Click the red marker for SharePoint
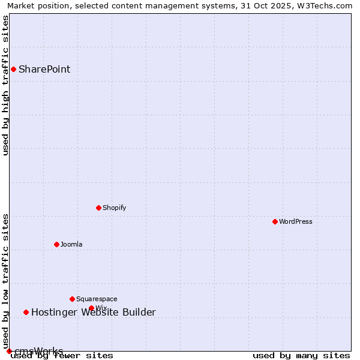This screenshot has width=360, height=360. pyautogui.click(x=13, y=69)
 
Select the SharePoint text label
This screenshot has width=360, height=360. pyautogui.click(x=44, y=69)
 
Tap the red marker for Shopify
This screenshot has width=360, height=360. pyautogui.click(x=98, y=208)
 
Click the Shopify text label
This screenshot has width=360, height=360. pyautogui.click(x=114, y=208)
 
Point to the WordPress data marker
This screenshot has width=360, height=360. pyautogui.click(x=275, y=221)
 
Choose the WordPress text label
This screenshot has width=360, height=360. pyautogui.click(x=295, y=221)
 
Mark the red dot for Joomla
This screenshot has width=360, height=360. pyautogui.click(x=56, y=244)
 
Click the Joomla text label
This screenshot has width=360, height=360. pyautogui.click(x=71, y=244)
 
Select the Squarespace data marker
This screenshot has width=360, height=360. pyautogui.click(x=72, y=299)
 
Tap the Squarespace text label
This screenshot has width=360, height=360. pyautogui.click(x=97, y=299)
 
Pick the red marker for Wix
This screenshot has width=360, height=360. pyautogui.click(x=91, y=308)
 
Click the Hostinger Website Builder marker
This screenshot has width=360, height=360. pyautogui.click(x=26, y=312)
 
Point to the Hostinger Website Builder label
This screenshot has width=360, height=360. pyautogui.click(x=93, y=312)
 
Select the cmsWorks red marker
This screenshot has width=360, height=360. pyautogui.click(x=9, y=351)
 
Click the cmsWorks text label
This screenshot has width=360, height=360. pyautogui.click(x=38, y=351)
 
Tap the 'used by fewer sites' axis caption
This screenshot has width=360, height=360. pyautogui.click(x=62, y=356)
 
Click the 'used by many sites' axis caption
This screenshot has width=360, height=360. pyautogui.click(x=301, y=356)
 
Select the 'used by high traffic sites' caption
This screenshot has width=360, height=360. pyautogui.click(x=5, y=85)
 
